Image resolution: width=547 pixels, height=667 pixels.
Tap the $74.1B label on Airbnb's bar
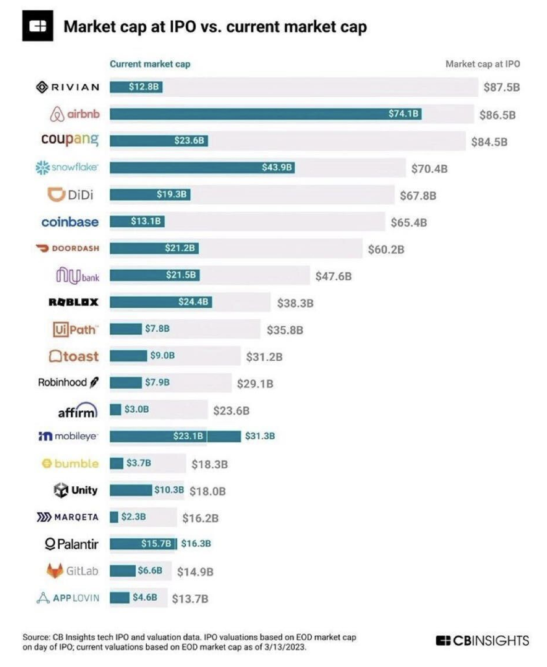[405, 114]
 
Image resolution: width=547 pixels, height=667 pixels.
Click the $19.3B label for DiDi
[173, 194]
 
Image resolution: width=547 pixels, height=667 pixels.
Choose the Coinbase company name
[70, 222]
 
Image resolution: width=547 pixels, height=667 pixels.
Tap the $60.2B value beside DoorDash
[387, 248]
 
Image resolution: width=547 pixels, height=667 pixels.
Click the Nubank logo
[77, 276]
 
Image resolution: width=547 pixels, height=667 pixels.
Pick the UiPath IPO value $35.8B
[285, 330]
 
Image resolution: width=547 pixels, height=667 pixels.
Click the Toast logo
[73, 356]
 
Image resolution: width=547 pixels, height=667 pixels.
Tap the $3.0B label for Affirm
[136, 410]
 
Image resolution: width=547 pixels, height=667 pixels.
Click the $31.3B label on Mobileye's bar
[260, 436]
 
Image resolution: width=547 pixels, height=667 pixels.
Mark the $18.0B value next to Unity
[207, 491]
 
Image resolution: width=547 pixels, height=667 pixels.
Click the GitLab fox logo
[55, 571]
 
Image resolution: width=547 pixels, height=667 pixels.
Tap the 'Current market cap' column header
[150, 64]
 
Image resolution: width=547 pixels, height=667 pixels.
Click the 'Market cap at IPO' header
[483, 64]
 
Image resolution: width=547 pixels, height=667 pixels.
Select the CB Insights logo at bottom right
[482, 640]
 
